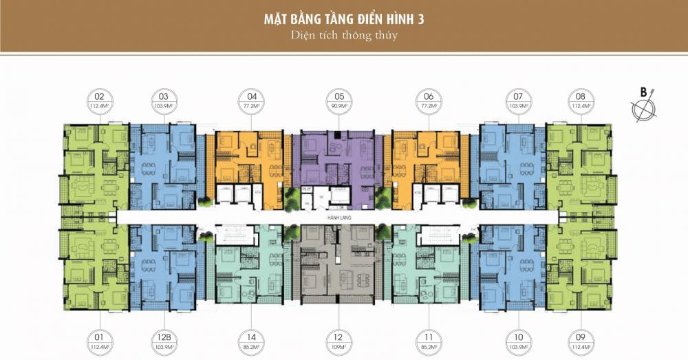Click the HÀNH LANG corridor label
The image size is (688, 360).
click(x=338, y=216)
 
